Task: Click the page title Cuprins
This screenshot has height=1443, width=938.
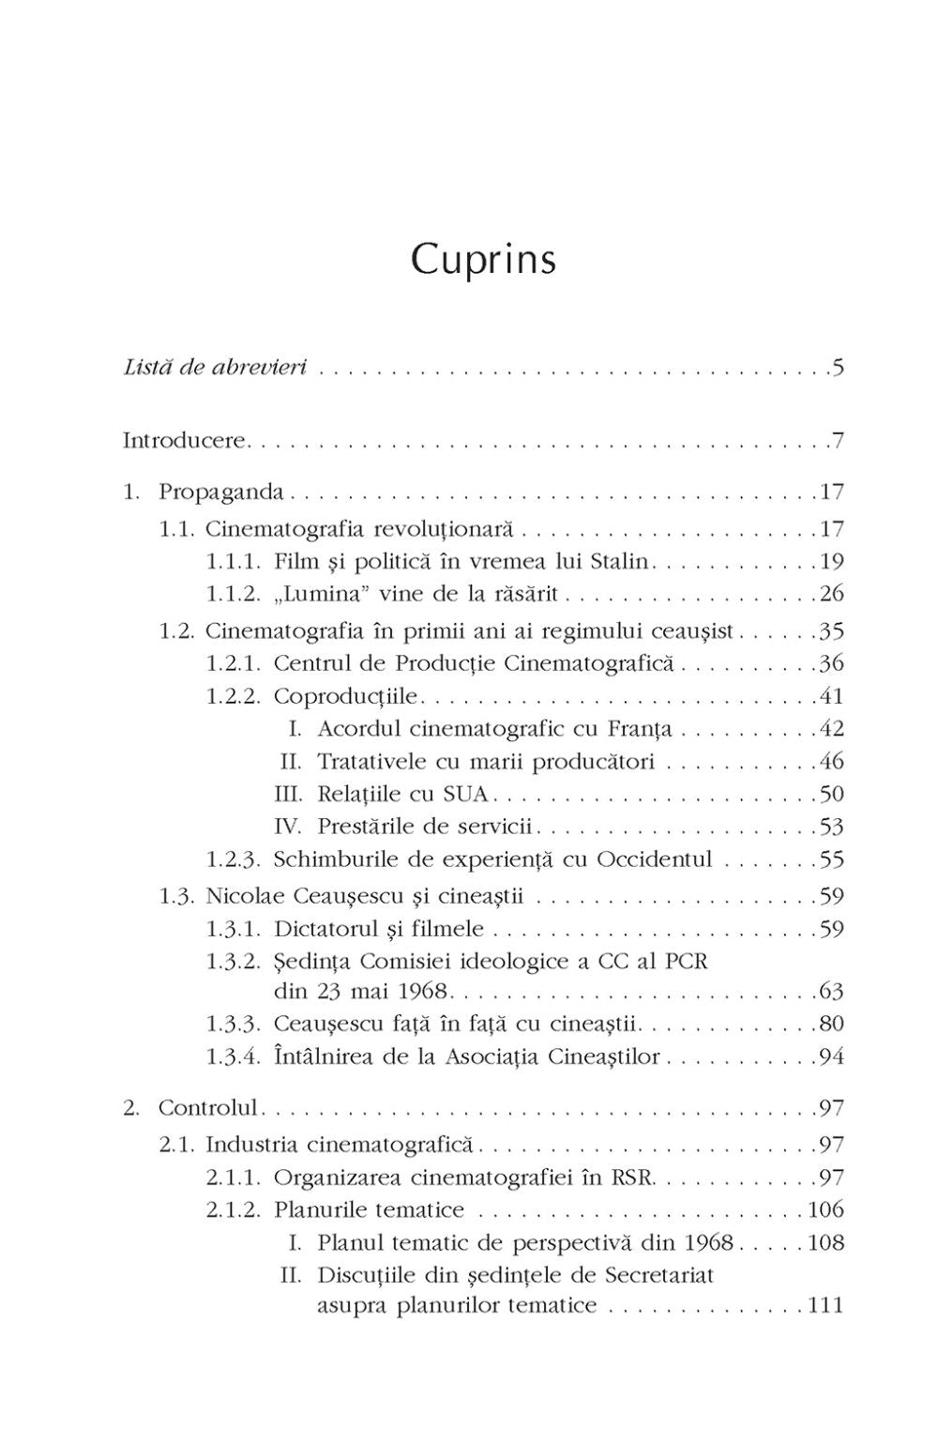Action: point(483,260)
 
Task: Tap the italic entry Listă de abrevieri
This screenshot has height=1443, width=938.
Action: point(216,367)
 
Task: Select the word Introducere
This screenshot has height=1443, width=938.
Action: point(184,440)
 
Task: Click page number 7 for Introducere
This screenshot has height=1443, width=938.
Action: point(837,440)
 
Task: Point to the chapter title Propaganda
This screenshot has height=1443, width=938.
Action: point(221,492)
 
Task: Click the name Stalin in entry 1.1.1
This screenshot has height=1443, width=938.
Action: point(620,562)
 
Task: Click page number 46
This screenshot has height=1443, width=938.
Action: point(831,761)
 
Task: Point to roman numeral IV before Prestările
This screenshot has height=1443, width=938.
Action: point(286,827)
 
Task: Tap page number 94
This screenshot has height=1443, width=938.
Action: point(831,1057)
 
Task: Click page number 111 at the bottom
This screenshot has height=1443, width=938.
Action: point(825,1304)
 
